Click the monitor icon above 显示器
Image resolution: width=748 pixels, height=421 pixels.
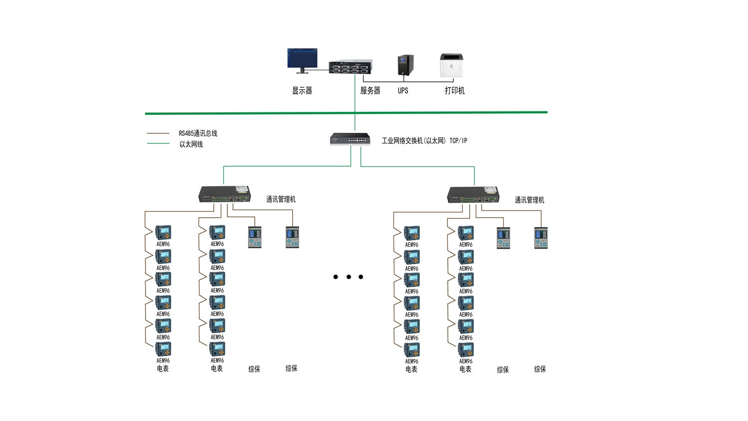302,59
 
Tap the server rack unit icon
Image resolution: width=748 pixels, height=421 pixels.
350,67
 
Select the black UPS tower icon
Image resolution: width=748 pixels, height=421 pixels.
405,65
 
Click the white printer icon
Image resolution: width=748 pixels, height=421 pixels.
451,65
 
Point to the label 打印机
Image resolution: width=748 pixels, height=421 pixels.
454,90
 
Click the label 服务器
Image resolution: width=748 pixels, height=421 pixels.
370,90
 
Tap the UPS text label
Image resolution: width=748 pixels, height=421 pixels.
403,90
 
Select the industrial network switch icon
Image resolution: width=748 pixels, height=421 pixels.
350,139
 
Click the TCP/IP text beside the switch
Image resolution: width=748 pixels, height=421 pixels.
458,141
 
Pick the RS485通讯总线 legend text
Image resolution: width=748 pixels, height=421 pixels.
198,133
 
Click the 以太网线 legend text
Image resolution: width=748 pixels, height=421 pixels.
191,144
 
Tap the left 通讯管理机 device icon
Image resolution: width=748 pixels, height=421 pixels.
224,194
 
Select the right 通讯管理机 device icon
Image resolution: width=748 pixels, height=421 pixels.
473,195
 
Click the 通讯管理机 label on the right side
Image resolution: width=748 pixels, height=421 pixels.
529,200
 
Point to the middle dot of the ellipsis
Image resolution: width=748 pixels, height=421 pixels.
349,277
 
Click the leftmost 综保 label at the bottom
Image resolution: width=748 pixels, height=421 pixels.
254,369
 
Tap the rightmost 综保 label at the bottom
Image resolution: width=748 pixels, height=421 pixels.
540,369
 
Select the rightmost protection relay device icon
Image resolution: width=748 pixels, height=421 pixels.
541,238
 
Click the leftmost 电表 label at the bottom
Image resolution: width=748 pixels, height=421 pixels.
163,369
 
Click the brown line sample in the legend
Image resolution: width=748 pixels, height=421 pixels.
158,133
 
